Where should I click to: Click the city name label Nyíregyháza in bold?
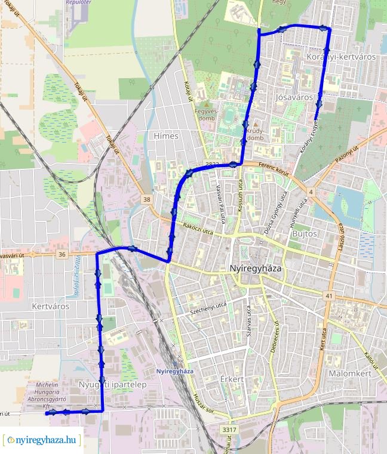(255, 269)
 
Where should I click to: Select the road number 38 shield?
(146, 199)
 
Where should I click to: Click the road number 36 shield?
(62, 254)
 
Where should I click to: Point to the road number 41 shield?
(329, 295)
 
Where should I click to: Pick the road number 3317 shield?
(228, 429)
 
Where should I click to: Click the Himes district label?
(166, 136)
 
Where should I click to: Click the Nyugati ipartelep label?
(113, 385)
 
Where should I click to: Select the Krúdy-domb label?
(255, 134)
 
